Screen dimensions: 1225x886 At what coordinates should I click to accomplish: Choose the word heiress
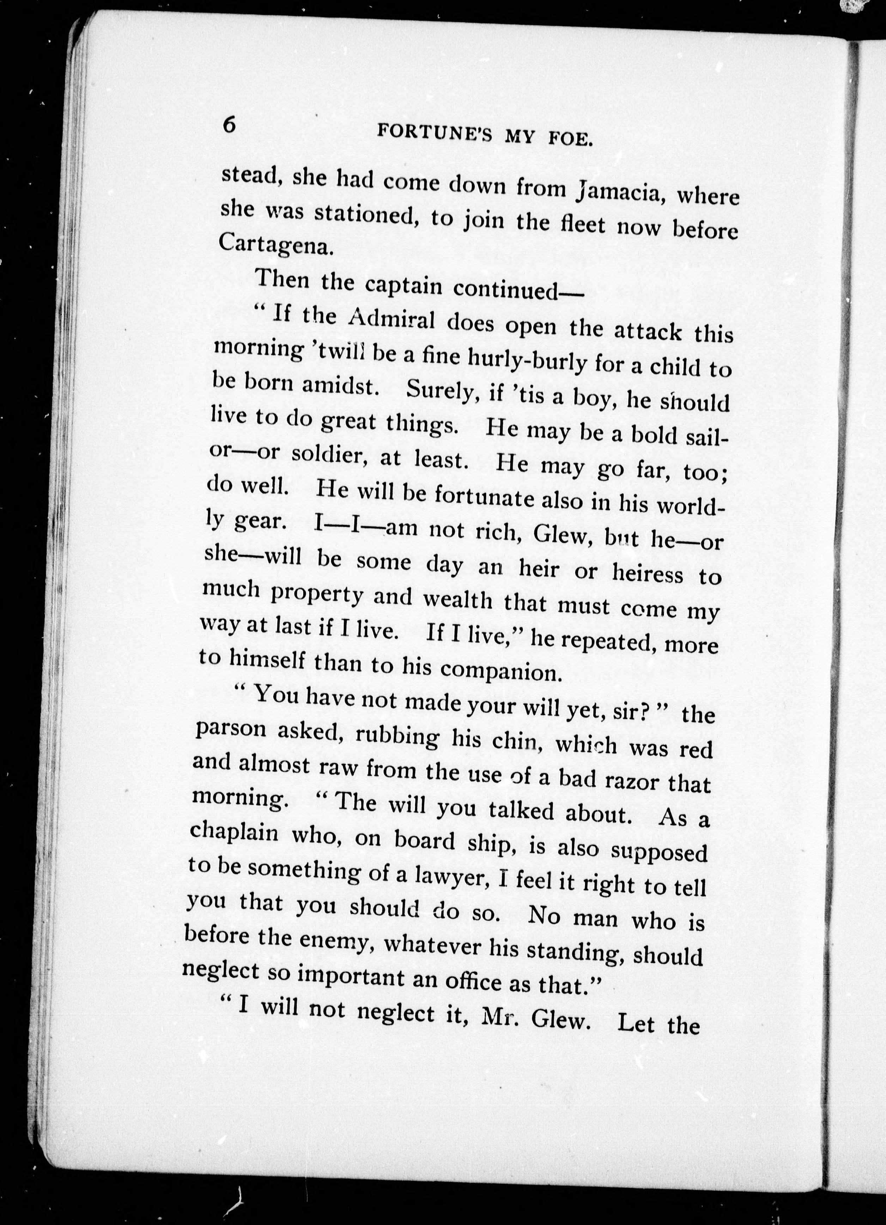(647, 573)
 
